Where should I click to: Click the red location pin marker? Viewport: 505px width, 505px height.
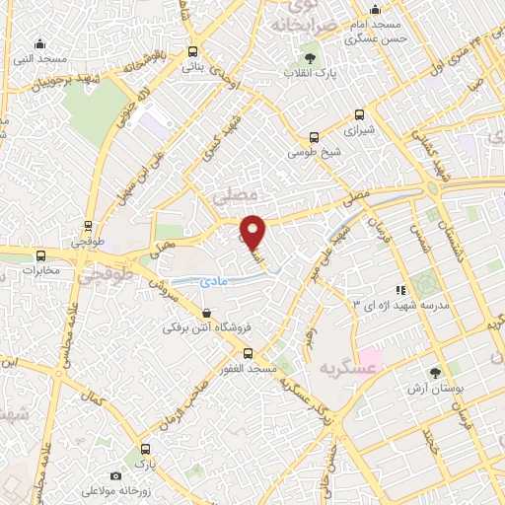[x=253, y=231]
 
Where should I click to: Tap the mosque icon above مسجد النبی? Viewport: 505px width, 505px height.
[x=39, y=44]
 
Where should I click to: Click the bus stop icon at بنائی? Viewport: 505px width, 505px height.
[x=191, y=53]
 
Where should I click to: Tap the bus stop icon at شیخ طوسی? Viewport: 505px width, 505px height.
[x=314, y=137]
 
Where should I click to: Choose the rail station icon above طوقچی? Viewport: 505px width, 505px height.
[x=89, y=225]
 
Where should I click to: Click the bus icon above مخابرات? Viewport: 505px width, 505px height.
[x=40, y=252]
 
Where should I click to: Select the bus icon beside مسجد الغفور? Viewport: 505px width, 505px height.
[x=248, y=352]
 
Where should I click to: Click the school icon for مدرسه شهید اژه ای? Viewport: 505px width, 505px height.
[x=400, y=290]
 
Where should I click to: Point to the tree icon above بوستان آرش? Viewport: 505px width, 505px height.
[x=435, y=373]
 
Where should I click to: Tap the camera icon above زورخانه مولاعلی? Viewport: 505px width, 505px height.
[x=115, y=475]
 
